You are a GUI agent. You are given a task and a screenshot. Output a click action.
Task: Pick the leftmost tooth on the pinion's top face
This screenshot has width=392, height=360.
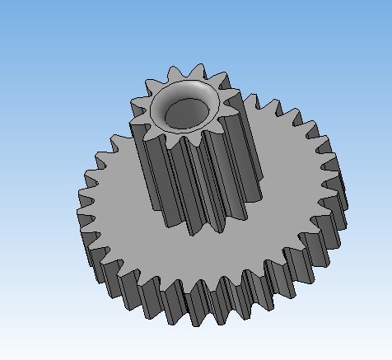pyautogui.click(x=136, y=104)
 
